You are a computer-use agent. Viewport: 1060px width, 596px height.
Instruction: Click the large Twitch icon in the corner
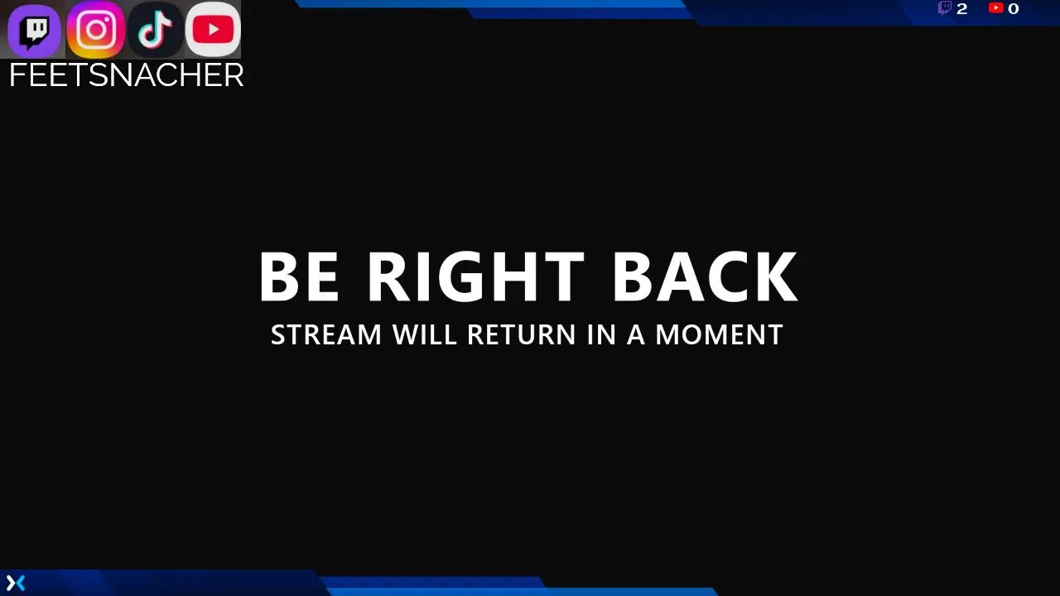coord(34,31)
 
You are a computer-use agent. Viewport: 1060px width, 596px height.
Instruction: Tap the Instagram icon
coord(95,30)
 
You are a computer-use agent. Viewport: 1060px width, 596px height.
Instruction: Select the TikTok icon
coord(155,30)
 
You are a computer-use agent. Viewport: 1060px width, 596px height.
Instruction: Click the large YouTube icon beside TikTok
coord(213,30)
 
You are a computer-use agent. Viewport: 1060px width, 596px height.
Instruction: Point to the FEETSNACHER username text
coord(127,75)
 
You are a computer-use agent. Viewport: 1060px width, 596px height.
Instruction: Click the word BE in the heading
coord(299,276)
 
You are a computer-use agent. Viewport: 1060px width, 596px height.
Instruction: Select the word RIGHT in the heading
coord(476,276)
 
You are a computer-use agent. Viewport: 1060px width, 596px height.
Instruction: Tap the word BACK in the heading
coord(706,276)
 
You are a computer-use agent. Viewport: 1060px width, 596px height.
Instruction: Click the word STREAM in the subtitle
coord(326,335)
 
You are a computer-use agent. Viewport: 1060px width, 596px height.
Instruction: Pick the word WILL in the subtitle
coord(425,335)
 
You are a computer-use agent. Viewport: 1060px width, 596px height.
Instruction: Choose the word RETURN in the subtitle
coord(521,335)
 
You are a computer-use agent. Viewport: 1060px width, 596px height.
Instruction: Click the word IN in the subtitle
coord(601,335)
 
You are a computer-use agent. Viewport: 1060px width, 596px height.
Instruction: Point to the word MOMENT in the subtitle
coord(719,335)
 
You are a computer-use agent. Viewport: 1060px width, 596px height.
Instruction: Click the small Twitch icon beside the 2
coord(945,8)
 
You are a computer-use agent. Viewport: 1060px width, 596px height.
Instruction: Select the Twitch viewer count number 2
coord(962,8)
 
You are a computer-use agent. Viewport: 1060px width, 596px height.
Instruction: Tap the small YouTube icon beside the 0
coord(996,7)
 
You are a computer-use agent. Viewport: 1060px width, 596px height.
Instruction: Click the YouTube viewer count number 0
coord(1013,8)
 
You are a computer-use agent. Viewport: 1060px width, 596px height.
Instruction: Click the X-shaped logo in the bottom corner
coord(16,583)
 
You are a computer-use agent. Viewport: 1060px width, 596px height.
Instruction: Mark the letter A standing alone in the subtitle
coord(636,335)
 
